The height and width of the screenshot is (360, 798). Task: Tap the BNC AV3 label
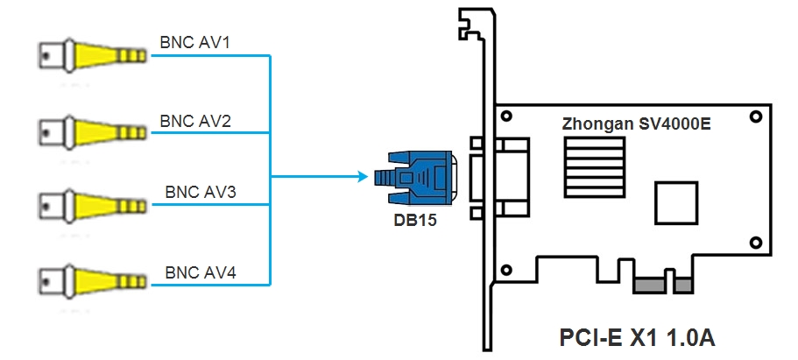(x=200, y=192)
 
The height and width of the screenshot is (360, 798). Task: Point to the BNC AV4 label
(x=200, y=272)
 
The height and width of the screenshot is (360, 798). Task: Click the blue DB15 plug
(x=413, y=178)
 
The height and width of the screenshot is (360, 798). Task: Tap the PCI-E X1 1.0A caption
(x=637, y=336)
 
